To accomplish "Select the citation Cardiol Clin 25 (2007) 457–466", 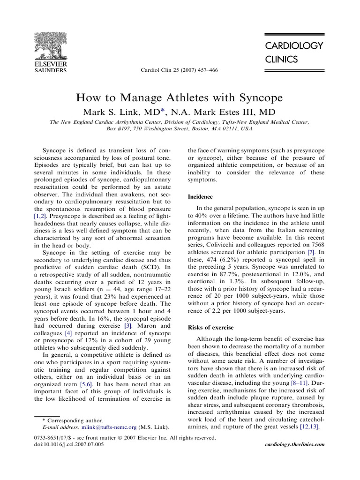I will tap(180, 70).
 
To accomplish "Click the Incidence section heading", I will tap(200, 197).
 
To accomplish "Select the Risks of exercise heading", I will tap(210, 327).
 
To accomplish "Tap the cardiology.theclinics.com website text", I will tap(294, 444).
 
